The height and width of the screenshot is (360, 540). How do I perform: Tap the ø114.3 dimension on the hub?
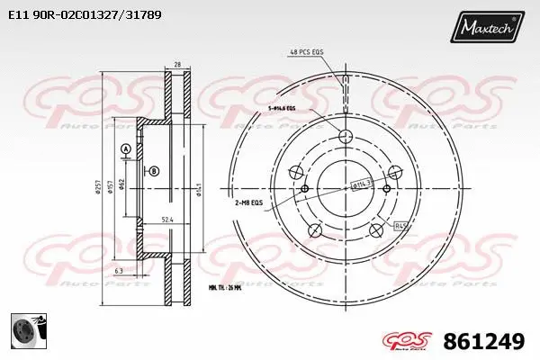point(363,185)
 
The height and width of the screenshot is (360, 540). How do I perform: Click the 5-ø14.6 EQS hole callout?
point(282,108)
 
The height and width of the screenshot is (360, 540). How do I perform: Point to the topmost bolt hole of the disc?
point(346,136)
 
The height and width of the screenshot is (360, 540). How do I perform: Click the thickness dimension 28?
point(178,65)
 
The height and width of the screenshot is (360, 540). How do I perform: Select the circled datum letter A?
point(126,148)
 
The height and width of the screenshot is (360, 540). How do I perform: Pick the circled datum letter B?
point(154,171)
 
